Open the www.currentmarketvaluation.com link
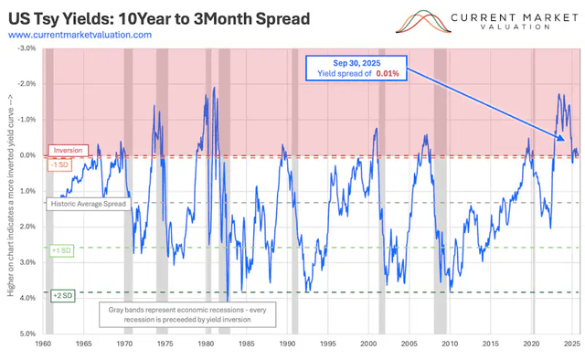tap(80, 35)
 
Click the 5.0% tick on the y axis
tap(27, 334)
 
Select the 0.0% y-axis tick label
tap(27, 155)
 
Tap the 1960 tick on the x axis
tap(44, 345)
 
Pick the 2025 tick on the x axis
tap(570, 345)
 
